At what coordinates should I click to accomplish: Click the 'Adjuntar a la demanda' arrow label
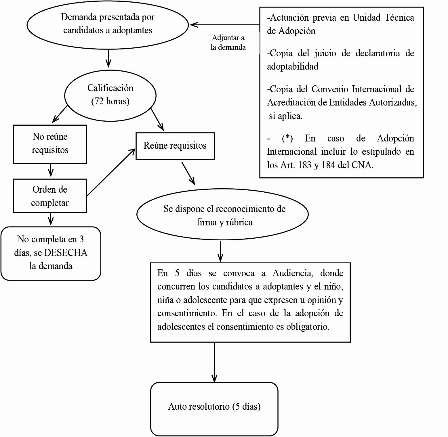(x=228, y=42)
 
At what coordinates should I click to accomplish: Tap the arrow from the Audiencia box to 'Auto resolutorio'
(x=214, y=362)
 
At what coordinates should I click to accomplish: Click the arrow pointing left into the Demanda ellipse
(x=224, y=25)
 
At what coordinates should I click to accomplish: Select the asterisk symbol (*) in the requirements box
(x=287, y=138)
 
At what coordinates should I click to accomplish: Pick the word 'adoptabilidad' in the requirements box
(x=293, y=66)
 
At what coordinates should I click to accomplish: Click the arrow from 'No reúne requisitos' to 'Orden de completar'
(x=51, y=170)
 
